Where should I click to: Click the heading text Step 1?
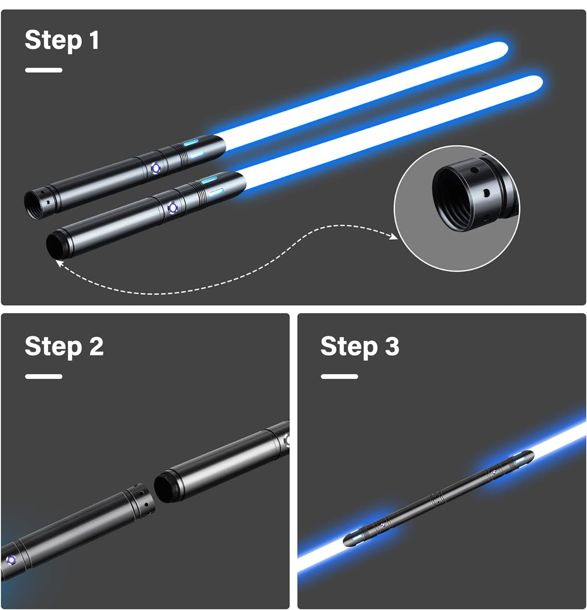coord(62,40)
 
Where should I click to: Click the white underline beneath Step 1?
coord(44,70)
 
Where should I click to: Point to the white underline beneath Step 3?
coord(340,376)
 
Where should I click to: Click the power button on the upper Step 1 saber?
coord(156,168)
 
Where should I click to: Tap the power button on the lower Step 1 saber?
coord(172,207)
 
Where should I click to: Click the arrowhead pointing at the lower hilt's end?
coord(59,264)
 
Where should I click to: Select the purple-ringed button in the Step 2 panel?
coord(12,560)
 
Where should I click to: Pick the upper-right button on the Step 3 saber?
coord(494,472)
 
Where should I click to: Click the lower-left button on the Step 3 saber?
coord(383,525)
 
